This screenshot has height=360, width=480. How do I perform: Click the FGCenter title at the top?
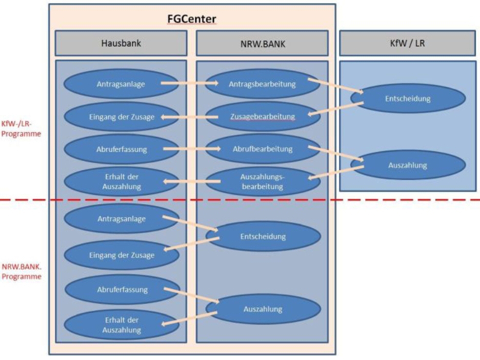(192, 19)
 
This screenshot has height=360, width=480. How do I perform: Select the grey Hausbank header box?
(121, 43)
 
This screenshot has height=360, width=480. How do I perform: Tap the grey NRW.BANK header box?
(262, 43)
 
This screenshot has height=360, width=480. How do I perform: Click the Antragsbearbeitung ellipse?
(262, 84)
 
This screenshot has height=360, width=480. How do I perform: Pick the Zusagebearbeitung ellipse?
(262, 116)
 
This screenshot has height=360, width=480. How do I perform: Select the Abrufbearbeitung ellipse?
(262, 149)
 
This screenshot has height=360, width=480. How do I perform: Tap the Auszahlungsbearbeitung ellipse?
(262, 182)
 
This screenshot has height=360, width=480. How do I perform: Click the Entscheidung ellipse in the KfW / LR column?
(408, 98)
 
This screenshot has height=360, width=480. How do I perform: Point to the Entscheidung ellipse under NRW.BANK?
(263, 236)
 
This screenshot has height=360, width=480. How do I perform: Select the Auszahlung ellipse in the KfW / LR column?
(408, 165)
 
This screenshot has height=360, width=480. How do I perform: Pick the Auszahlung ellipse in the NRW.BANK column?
(263, 309)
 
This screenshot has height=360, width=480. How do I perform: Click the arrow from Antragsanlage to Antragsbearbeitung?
(190, 83)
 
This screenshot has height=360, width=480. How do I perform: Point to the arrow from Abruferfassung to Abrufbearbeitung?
(190, 149)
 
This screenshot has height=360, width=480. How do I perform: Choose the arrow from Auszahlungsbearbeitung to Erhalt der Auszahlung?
(190, 181)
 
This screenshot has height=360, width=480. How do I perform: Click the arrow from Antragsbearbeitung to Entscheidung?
(335, 86)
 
